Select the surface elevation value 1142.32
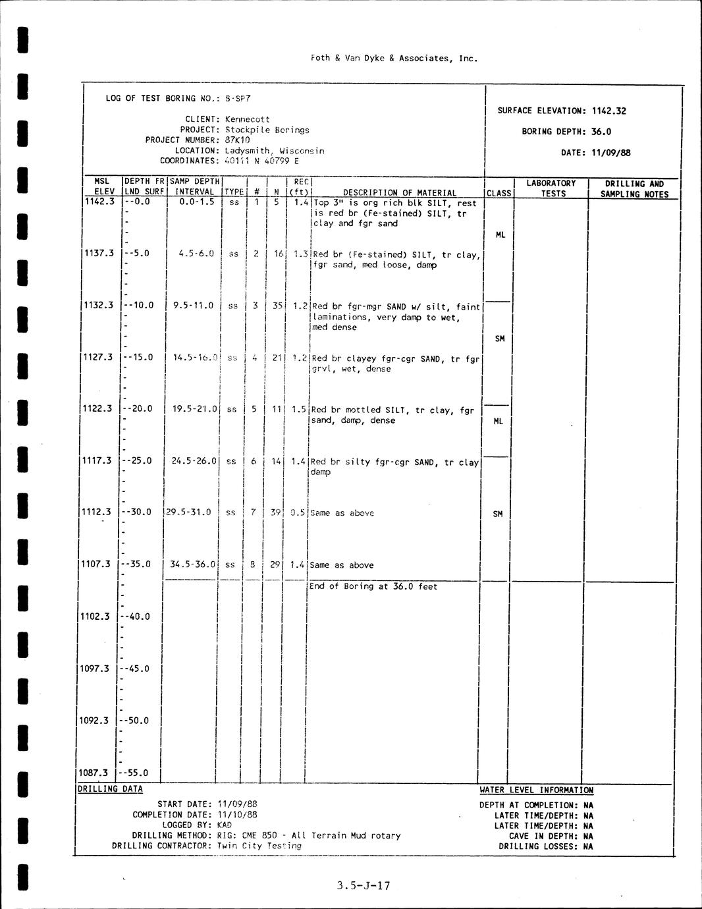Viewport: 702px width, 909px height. (608, 111)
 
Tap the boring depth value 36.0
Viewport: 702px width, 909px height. (601, 132)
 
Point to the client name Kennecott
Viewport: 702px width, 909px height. (247, 119)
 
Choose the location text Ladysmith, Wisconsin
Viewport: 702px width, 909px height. (274, 151)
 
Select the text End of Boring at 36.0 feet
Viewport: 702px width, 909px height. (373, 586)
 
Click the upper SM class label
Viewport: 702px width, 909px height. (500, 339)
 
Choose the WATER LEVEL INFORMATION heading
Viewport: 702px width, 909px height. (536, 790)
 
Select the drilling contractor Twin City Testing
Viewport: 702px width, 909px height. (259, 846)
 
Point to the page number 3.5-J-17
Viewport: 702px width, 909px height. (363, 886)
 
